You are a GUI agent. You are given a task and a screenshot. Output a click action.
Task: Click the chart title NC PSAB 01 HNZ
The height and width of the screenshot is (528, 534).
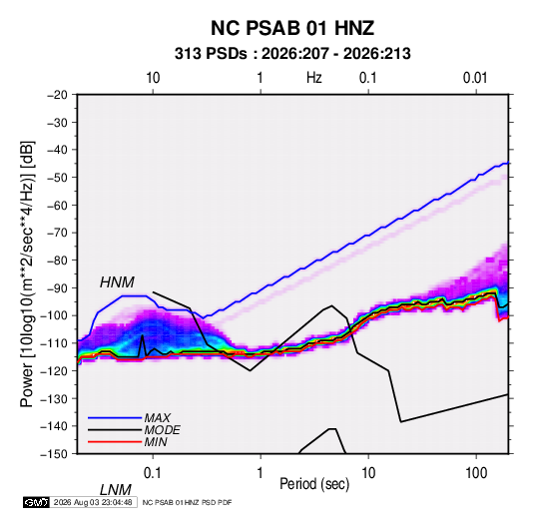point(292,28)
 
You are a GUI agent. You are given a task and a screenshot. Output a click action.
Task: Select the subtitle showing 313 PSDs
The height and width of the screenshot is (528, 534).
point(292,54)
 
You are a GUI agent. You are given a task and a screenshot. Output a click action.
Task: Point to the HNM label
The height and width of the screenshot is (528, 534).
point(117,282)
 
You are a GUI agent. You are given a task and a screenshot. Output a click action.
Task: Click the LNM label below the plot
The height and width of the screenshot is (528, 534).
point(116,490)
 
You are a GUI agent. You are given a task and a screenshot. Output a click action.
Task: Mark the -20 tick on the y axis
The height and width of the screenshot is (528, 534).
point(57,95)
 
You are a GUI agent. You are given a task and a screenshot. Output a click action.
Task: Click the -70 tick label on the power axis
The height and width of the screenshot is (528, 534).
point(57,233)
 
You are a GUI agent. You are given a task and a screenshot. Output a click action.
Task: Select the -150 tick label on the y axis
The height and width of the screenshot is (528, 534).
point(54,454)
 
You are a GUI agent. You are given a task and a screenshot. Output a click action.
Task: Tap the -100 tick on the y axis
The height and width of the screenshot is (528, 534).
point(54,315)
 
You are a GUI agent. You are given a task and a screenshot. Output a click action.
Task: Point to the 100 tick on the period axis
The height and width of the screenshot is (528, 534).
point(476,473)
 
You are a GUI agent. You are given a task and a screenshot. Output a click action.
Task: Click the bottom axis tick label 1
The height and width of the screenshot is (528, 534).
point(261,473)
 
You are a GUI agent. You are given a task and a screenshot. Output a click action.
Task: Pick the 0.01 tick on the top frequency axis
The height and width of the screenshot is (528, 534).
point(475,78)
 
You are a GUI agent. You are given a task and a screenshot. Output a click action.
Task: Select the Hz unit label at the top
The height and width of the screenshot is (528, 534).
point(314,78)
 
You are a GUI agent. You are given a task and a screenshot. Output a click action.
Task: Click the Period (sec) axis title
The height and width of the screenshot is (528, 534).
point(314,484)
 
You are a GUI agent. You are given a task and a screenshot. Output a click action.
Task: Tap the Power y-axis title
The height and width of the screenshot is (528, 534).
point(27,274)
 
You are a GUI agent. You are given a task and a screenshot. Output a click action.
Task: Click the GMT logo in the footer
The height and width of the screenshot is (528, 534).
point(36,502)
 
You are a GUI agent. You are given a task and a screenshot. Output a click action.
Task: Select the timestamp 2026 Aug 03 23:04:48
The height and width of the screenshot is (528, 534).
point(93,502)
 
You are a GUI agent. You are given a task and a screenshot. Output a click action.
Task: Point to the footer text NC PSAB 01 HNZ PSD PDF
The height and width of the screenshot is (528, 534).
point(187,503)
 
